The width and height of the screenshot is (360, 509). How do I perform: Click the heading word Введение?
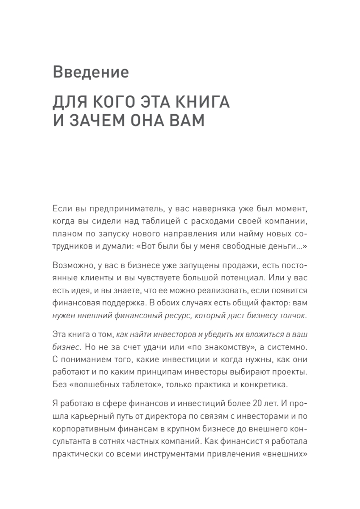click(x=91, y=72)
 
